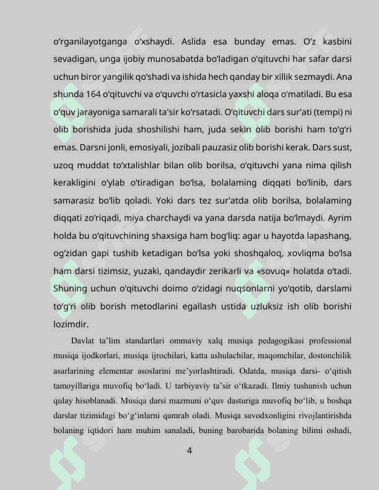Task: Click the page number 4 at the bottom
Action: click(x=189, y=451)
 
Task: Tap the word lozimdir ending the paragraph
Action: click(x=71, y=324)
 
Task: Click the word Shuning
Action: click(x=69, y=289)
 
